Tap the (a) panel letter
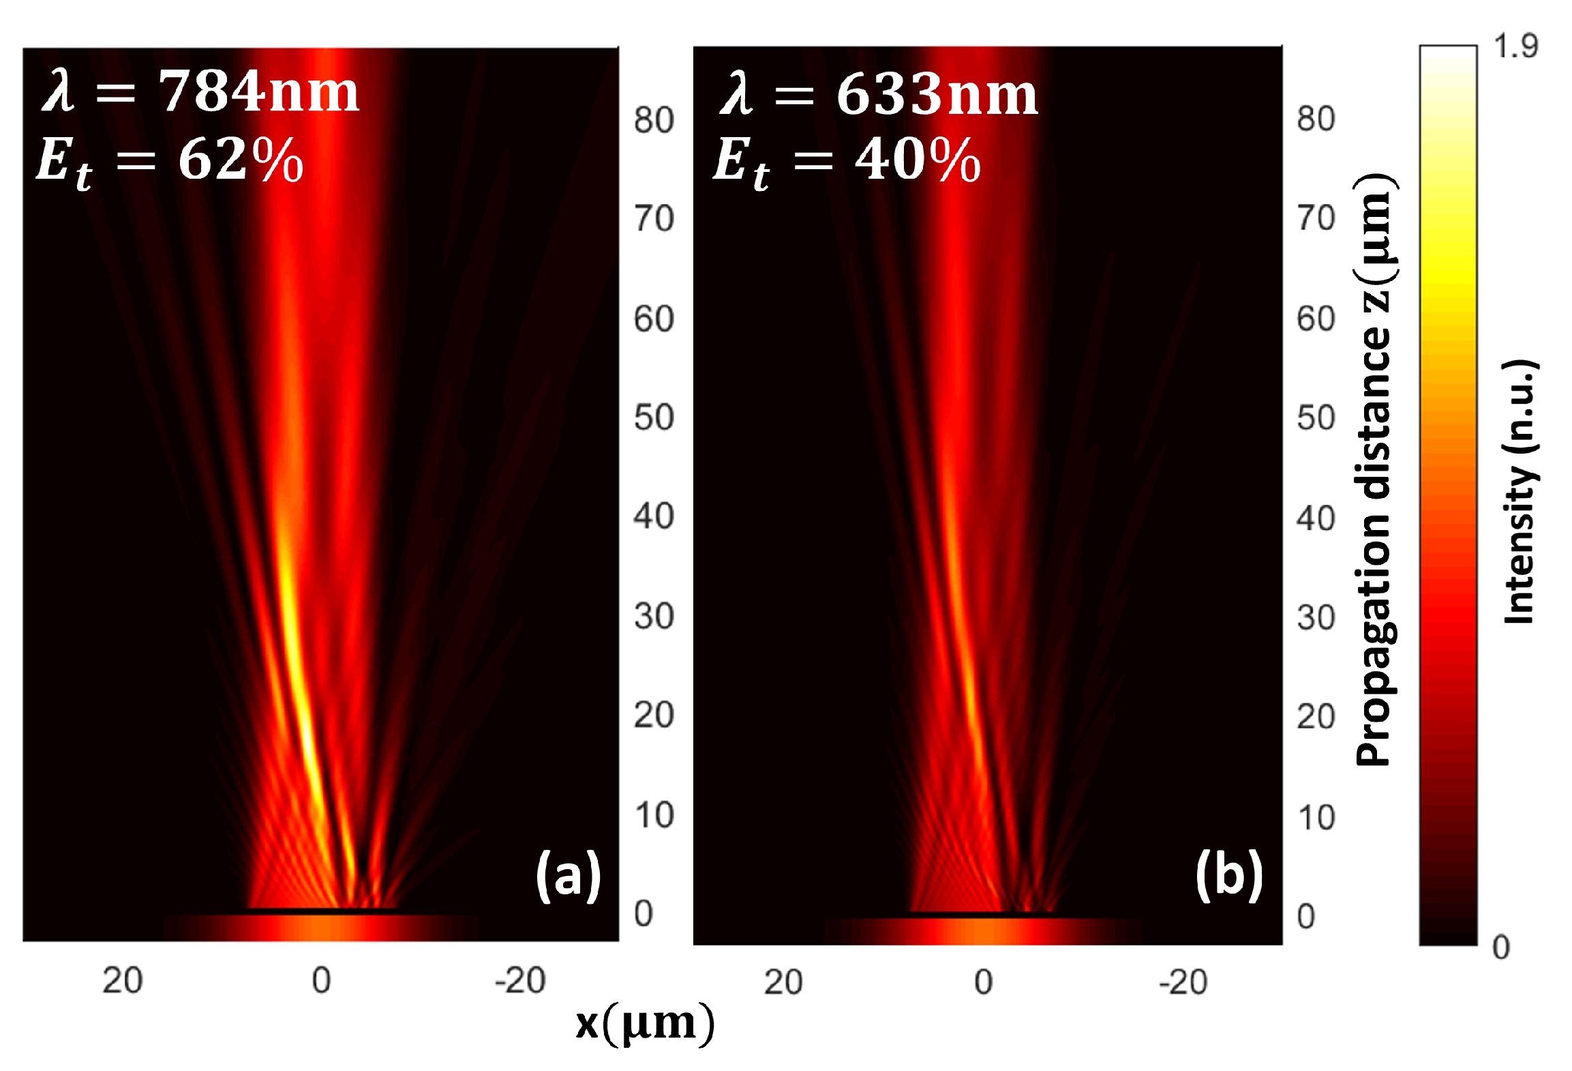(567, 876)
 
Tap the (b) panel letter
(1229, 876)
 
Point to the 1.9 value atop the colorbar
(1515, 46)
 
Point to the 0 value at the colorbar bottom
(1500, 948)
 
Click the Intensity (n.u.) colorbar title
(1520, 491)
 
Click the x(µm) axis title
(645, 1023)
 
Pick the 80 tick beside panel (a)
(654, 120)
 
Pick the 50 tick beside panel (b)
(1316, 417)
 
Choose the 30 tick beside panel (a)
(654, 616)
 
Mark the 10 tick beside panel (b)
(1316, 817)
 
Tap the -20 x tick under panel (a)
(520, 981)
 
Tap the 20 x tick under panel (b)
(783, 982)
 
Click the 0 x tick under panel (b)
(983, 982)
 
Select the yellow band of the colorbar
(1448, 273)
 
